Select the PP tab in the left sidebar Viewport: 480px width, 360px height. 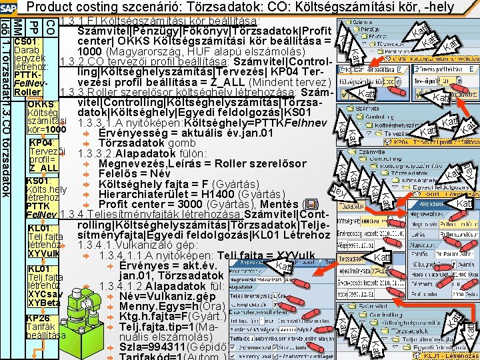tap(35, 29)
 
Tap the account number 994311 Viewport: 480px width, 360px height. tap(172, 347)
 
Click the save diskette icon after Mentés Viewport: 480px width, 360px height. tap(309, 205)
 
